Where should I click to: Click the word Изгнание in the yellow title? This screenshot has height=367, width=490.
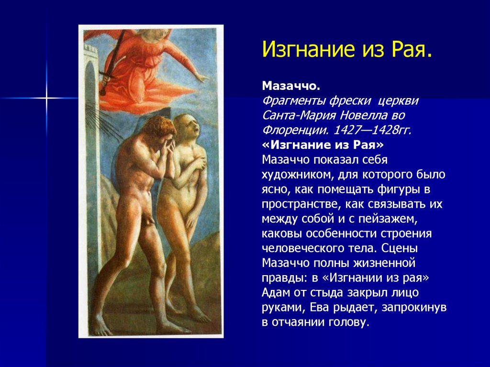pos(309,49)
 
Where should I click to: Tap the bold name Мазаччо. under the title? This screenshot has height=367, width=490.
pos(291,86)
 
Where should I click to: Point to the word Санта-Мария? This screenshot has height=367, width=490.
pos(299,115)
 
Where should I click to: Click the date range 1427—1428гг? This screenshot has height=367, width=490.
pos(372,130)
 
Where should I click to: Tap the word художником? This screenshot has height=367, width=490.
pos(298,175)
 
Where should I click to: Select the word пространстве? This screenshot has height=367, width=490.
pos(301,204)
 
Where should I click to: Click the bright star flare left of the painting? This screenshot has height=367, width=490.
pos(46,98)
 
